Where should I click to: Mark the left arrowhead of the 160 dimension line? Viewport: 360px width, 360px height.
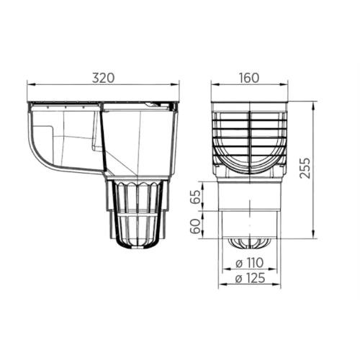(x=213, y=84)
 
